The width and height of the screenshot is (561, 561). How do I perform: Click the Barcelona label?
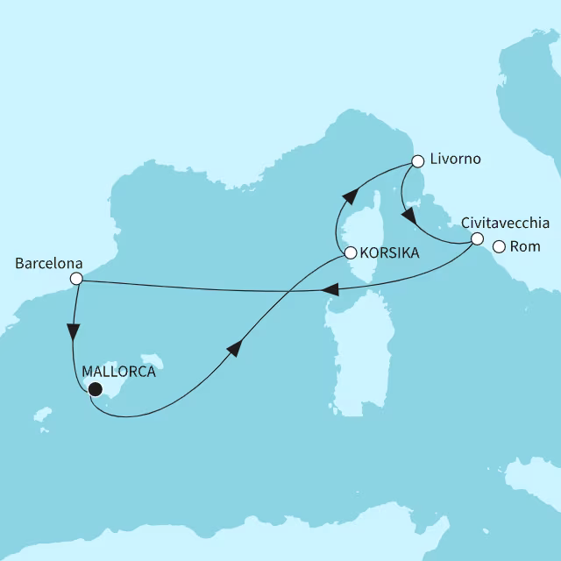click(x=49, y=262)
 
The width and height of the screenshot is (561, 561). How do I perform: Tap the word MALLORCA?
click(x=118, y=372)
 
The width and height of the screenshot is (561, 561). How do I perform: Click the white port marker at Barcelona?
click(x=76, y=279)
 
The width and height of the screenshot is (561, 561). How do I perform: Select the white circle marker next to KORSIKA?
click(x=350, y=253)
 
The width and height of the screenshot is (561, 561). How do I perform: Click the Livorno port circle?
click(x=418, y=161)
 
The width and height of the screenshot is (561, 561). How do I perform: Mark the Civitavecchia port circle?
click(x=477, y=238)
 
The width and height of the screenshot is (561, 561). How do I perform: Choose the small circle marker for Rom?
click(x=499, y=247)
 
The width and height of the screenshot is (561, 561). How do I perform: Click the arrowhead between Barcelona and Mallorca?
click(x=73, y=333)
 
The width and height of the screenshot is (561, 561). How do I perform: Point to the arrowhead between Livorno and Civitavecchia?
click(x=408, y=216)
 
